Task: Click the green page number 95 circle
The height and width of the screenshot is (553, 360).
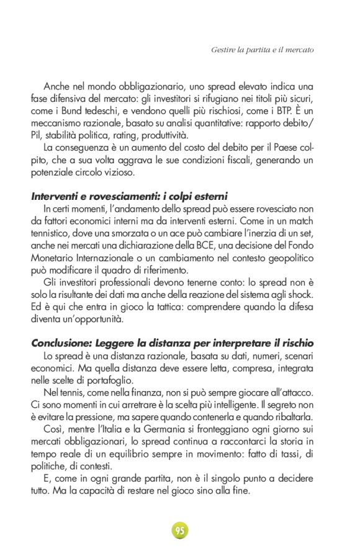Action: point(180,531)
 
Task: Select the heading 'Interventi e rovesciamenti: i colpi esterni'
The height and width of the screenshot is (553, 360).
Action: point(129,196)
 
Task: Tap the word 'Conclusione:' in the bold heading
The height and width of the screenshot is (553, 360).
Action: point(59,343)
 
